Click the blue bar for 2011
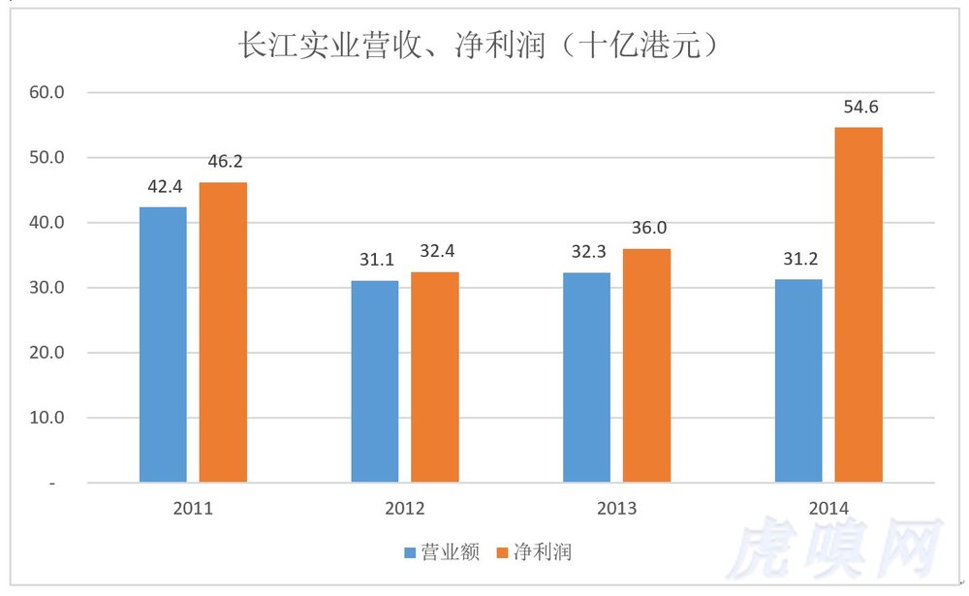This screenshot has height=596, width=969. coord(163,344)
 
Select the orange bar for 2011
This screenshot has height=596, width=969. coord(223,331)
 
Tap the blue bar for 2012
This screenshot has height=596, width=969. coord(375,381)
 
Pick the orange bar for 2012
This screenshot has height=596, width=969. coord(435,377)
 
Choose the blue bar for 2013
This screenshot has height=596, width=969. coord(587,377)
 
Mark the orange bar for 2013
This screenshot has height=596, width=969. coord(646,365)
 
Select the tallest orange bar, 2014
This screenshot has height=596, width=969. coord(859,304)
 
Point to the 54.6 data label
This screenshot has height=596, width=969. coord(860,107)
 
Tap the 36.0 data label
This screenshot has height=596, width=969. coord(647,229)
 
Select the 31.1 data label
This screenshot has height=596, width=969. coord(376,261)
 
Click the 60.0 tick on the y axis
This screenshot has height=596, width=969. coord(47,93)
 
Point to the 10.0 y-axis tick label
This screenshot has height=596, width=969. coord(47,418)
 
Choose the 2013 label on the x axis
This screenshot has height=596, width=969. coord(616,508)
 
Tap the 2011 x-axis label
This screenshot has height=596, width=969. coord(192,508)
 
